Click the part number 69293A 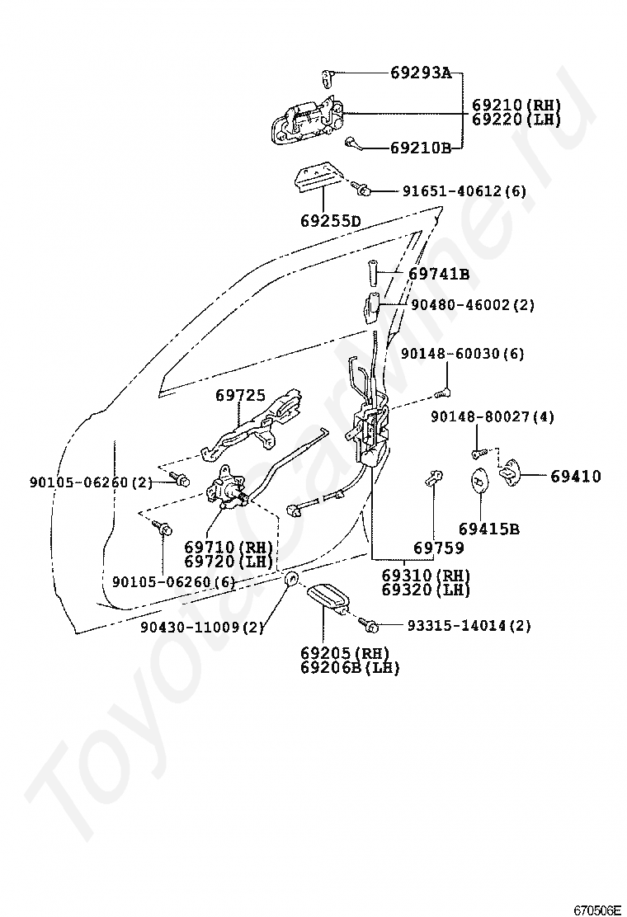tap(421, 73)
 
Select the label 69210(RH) tap(516, 106)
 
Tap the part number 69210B tap(421, 148)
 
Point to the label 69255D tap(330, 221)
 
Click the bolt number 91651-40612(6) tap(464, 191)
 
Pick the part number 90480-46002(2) tap(469, 305)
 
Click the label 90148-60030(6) tap(462, 354)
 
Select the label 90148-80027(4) tap(492, 417)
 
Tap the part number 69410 tap(576, 476)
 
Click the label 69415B tap(489, 529)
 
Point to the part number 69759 tap(438, 548)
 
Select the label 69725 tap(241, 396)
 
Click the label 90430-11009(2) tap(201, 628)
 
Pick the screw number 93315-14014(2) tap(469, 625)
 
